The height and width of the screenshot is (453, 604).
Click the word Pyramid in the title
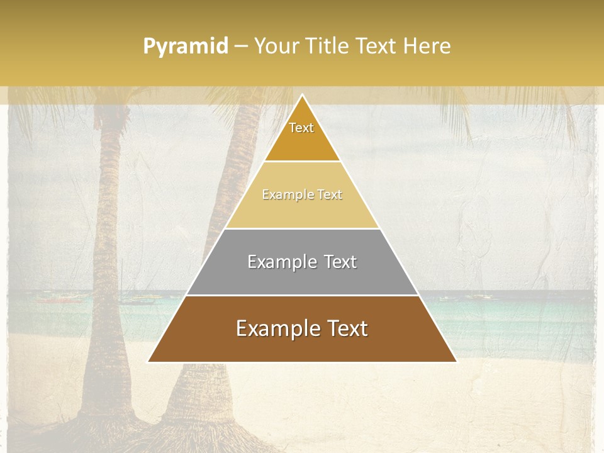186,47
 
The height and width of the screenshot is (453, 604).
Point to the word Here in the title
427,47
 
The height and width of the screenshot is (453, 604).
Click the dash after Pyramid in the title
241,47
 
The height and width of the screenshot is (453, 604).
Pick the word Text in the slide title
377,47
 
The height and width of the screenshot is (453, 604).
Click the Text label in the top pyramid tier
301,128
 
